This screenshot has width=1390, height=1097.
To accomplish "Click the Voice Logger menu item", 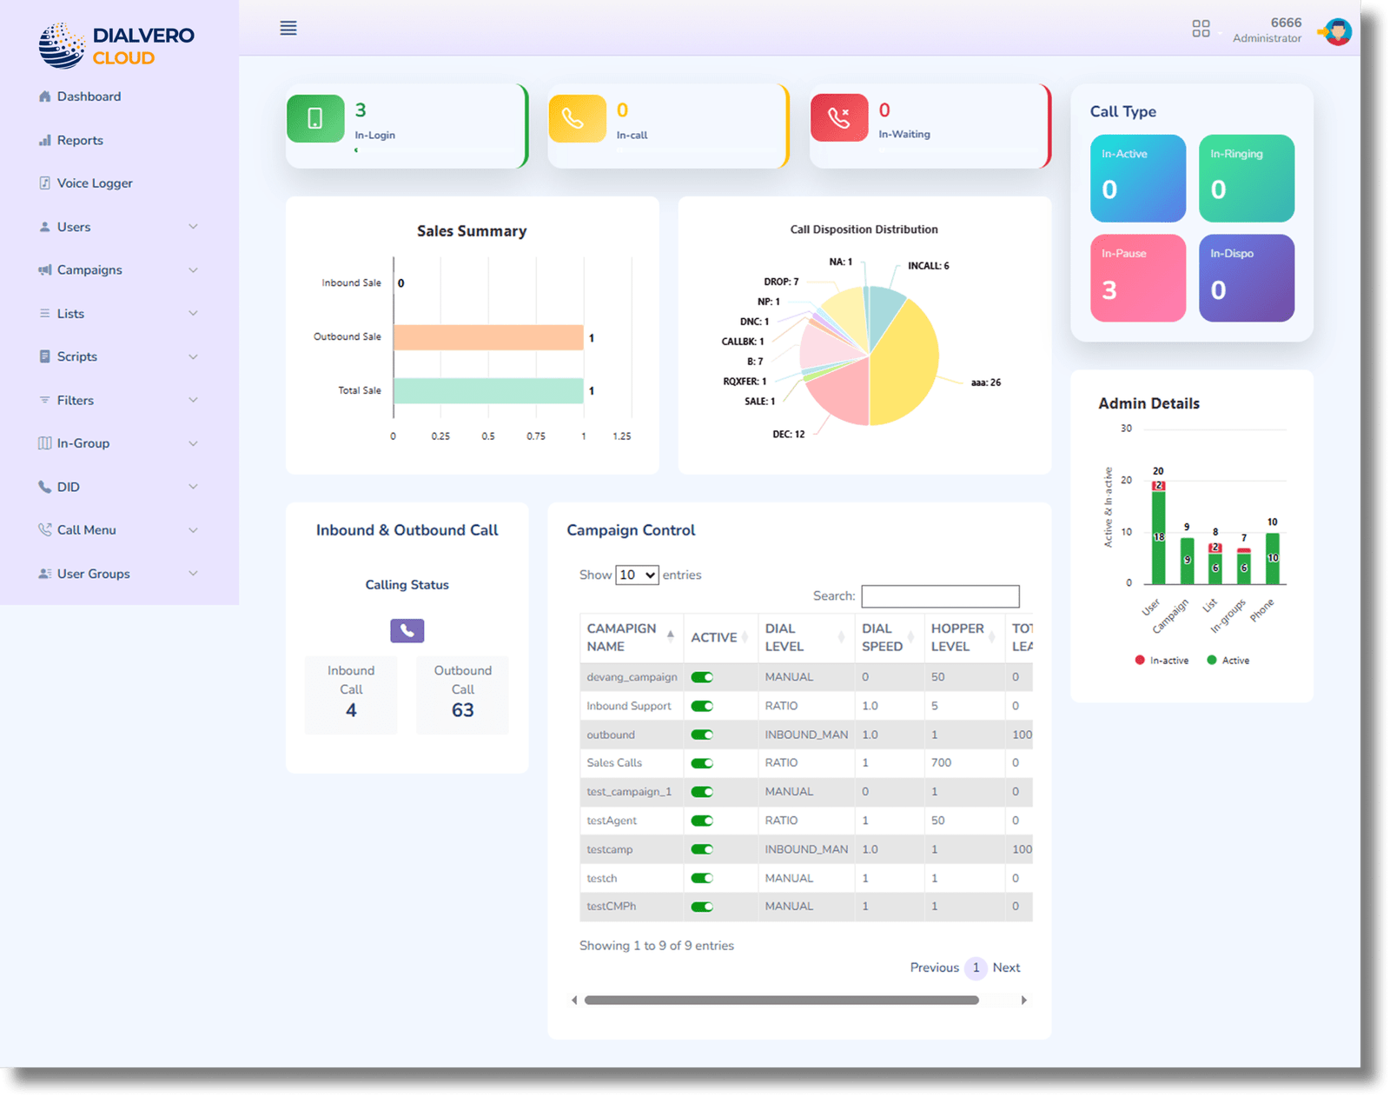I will tap(94, 183).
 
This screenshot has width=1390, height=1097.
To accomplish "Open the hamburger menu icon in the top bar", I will tap(288, 28).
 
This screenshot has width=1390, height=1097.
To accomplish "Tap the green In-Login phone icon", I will tap(315, 118).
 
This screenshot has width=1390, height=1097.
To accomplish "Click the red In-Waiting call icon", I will tap(839, 117).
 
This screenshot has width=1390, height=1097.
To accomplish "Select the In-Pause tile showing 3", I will tap(1137, 277).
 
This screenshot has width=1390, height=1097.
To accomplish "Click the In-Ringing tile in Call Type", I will tap(1246, 178).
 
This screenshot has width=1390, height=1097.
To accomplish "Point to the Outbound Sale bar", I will tap(487, 337).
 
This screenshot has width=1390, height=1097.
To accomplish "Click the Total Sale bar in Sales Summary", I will tap(487, 391).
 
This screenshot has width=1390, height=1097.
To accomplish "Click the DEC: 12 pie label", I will tap(788, 434).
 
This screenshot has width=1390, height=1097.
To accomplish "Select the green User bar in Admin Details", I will tap(1158, 539).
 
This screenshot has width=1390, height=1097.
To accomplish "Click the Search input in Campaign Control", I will tap(940, 596).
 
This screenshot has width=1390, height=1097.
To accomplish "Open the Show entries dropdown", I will tap(637, 575).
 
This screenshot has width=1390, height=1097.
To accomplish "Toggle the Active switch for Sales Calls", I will tap(702, 763).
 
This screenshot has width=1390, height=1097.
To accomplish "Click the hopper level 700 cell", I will tap(941, 763).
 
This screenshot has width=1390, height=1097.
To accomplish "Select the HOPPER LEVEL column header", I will tap(957, 637).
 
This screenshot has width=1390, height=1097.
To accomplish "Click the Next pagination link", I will tap(1006, 967).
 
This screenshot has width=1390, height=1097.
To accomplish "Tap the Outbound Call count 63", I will tap(462, 710).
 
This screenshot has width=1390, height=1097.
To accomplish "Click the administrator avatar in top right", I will tap(1337, 32).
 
